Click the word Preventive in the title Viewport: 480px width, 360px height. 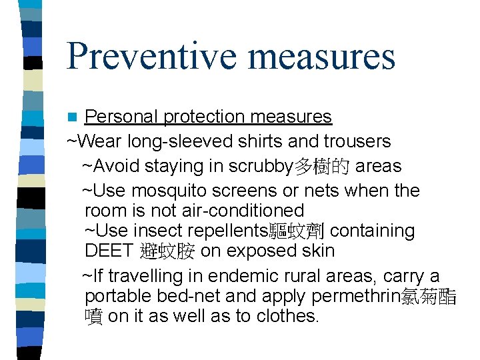153,56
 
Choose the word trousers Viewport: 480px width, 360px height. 357,141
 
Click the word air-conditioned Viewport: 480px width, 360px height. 242,211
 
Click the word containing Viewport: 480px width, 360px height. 372,231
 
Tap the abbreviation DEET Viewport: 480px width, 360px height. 109,251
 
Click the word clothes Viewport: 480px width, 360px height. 288,316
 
